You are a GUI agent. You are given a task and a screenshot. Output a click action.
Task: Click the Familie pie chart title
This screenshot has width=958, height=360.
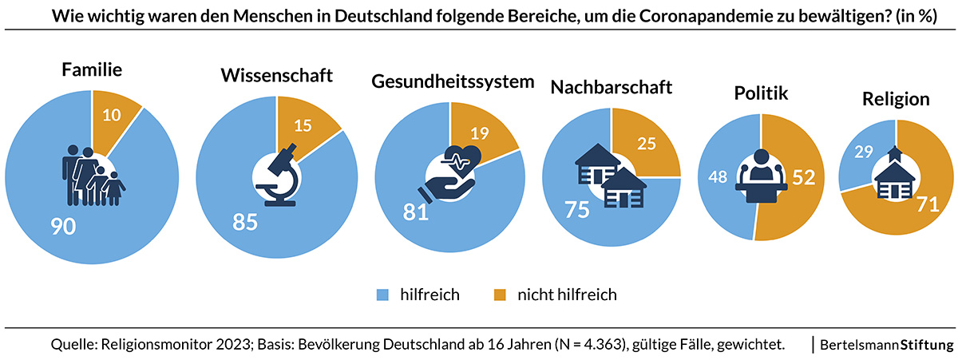click(92, 70)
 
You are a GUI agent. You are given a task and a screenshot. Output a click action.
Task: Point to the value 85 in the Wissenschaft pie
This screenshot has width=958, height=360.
click(245, 221)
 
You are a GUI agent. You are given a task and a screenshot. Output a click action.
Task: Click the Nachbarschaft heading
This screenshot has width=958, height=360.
click(611, 87)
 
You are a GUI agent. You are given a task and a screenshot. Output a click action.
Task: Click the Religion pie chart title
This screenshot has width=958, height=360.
click(896, 100)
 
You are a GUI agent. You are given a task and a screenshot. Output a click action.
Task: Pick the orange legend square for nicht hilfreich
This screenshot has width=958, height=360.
click(501, 295)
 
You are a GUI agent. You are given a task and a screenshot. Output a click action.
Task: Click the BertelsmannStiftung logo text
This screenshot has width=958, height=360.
click(886, 345)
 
